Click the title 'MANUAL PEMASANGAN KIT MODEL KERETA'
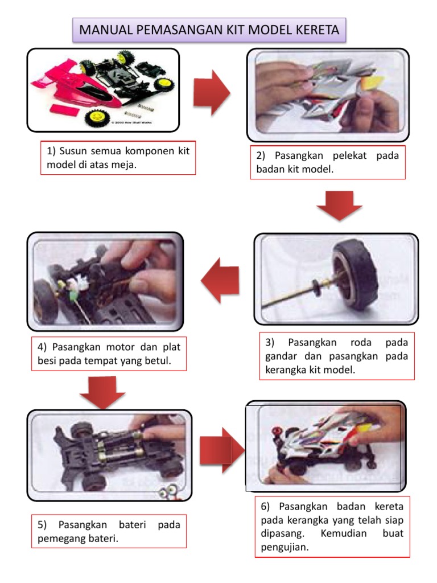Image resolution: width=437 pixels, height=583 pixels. tap(209, 30)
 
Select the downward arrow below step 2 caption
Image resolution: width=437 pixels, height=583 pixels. tap(339, 206)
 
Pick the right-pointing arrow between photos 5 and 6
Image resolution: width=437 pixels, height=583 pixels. tap(221, 450)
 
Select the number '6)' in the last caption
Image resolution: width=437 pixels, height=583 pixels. tap(266, 507)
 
